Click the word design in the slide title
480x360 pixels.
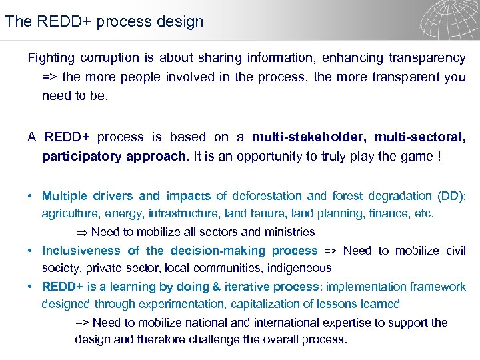coord(181,21)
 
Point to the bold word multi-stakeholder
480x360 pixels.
coord(309,137)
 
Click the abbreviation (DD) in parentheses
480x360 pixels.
coord(451,196)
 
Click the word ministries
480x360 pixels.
coord(288,232)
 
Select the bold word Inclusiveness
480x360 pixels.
coord(81,251)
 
